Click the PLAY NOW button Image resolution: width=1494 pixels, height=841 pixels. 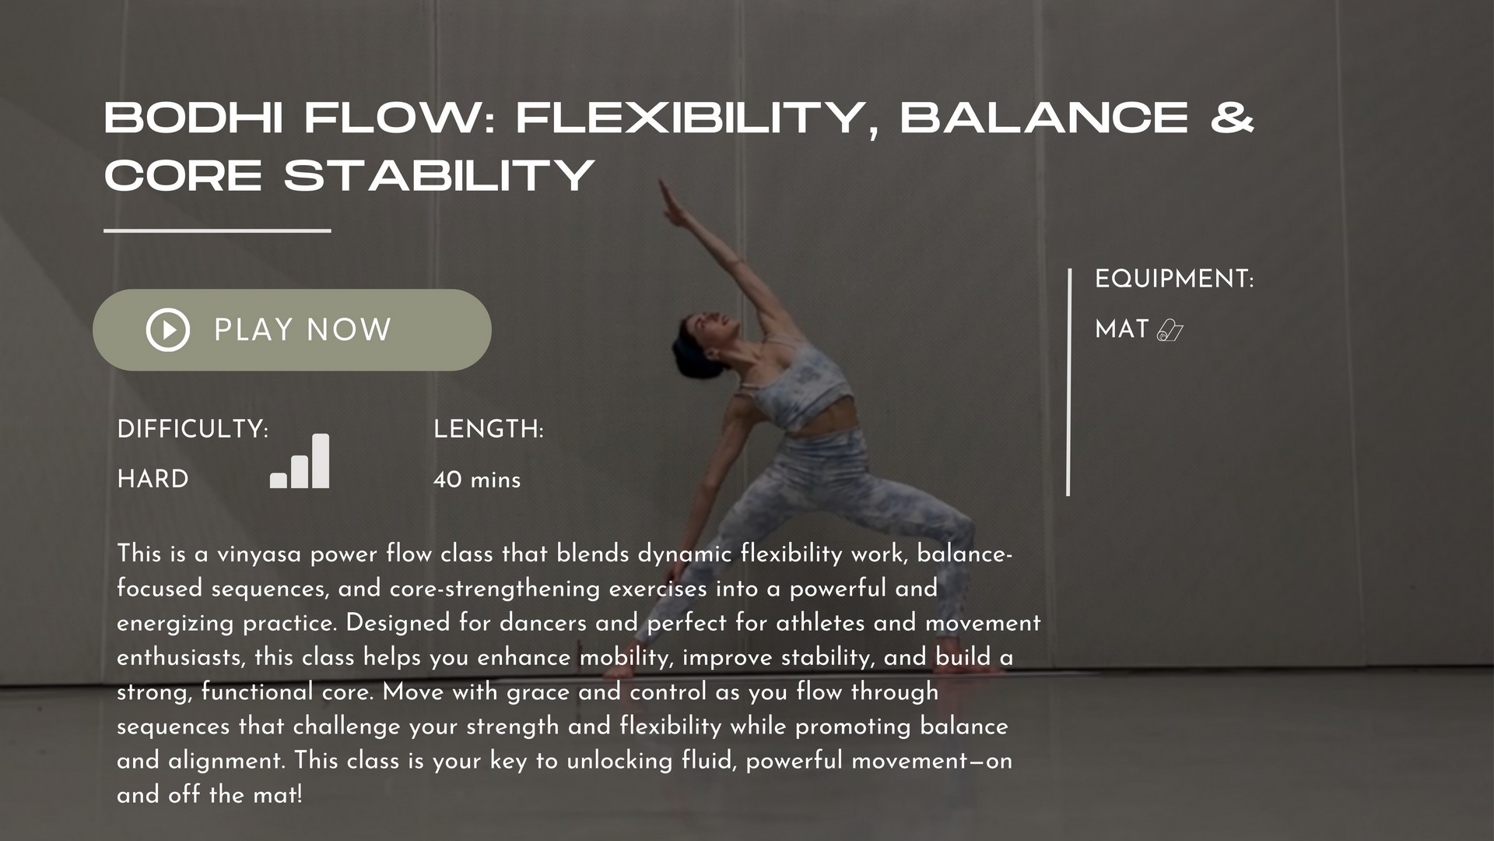[292, 330]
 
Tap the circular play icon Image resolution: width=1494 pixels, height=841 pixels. [168, 330]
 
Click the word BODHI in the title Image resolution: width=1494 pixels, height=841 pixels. [194, 118]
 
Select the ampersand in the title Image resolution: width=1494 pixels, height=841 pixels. [1233, 118]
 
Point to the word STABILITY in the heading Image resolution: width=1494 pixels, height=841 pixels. [440, 175]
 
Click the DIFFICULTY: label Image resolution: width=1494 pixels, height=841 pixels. [193, 429]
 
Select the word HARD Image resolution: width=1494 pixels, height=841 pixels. [153, 479]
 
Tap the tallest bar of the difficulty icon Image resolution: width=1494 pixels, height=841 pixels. [321, 461]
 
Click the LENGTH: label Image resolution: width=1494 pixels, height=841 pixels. [489, 429]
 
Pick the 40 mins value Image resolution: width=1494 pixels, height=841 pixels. [477, 480]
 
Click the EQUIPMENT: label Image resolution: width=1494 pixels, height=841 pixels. [1174, 279]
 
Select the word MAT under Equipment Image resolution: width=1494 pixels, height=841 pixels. [1122, 329]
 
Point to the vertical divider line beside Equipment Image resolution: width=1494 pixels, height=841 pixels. [1068, 382]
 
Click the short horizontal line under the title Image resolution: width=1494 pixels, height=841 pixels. [217, 230]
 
